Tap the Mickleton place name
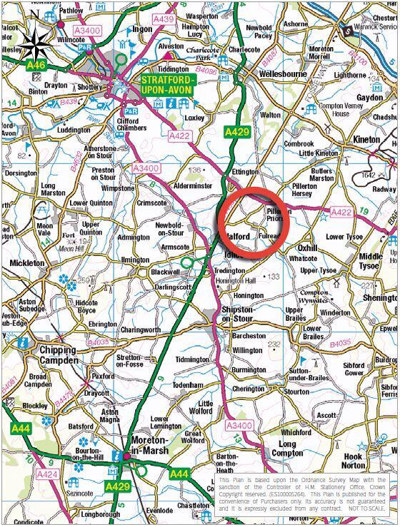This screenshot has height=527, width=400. [x=28, y=263]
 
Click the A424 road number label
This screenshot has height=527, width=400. [x=49, y=474]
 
